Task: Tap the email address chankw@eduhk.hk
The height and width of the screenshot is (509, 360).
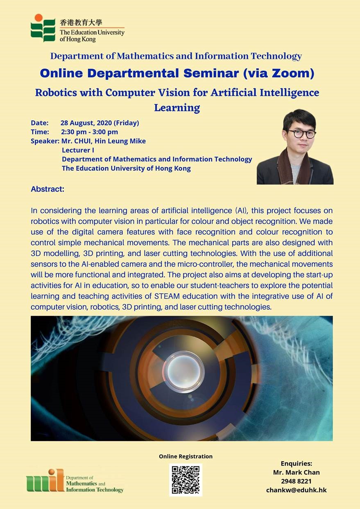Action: (x=297, y=490)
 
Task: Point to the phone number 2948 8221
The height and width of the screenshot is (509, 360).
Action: (x=297, y=481)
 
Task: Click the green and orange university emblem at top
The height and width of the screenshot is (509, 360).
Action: (x=43, y=28)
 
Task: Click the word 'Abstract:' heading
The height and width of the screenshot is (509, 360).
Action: (x=48, y=189)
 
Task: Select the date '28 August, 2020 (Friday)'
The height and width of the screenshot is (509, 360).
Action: (x=100, y=123)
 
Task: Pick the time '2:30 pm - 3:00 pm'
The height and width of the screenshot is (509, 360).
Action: (x=89, y=132)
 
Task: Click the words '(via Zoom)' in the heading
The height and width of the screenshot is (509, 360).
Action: (x=279, y=73)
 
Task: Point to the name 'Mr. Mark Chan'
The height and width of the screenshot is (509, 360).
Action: (x=297, y=473)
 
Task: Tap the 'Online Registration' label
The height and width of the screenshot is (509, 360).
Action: (x=186, y=456)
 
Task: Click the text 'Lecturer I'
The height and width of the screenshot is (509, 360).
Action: (x=78, y=150)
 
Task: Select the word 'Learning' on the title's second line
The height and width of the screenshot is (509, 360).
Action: (x=177, y=108)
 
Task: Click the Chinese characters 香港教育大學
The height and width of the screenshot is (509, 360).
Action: (x=81, y=23)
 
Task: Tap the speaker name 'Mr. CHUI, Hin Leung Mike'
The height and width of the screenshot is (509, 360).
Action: (x=104, y=141)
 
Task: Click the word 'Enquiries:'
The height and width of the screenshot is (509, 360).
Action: (x=297, y=463)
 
